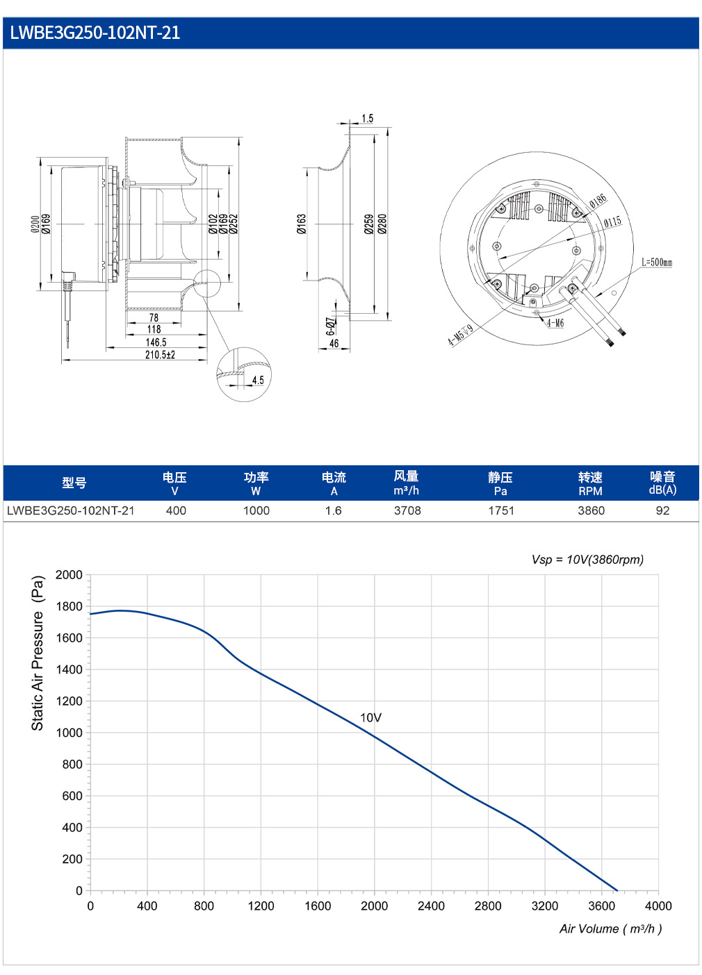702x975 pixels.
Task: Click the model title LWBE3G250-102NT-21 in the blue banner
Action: [95, 33]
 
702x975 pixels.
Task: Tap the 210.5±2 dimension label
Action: [160, 355]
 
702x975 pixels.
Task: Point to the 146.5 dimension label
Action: [156, 342]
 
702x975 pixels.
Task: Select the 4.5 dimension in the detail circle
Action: [258, 380]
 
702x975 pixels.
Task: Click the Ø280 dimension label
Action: [382, 224]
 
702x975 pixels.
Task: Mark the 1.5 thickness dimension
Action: [368, 118]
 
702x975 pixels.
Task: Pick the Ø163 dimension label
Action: [302, 224]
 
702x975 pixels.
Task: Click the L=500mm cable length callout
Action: [657, 262]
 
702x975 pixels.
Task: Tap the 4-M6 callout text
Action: [555, 322]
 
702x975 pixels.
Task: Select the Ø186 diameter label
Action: [598, 201]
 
